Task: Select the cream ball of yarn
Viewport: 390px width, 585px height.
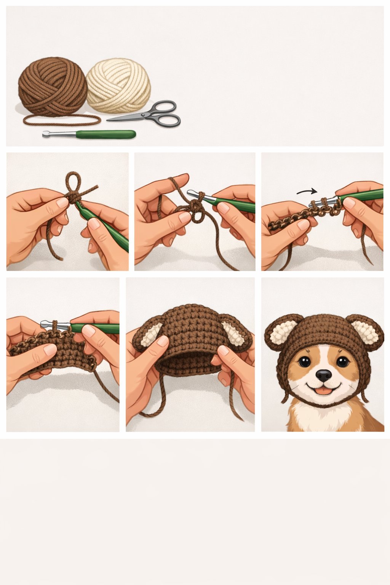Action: tap(118, 85)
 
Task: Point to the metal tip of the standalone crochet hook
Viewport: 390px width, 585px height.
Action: tap(46, 134)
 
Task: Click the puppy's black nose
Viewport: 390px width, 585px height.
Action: tap(324, 375)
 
